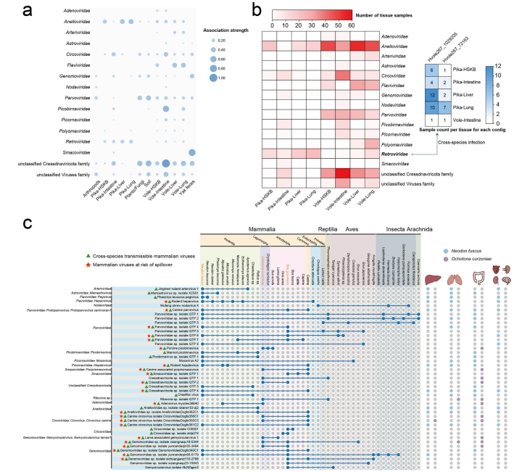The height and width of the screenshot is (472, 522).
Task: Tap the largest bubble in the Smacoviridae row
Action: coord(193,152)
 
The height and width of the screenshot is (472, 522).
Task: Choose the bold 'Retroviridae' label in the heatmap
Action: coord(400,154)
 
